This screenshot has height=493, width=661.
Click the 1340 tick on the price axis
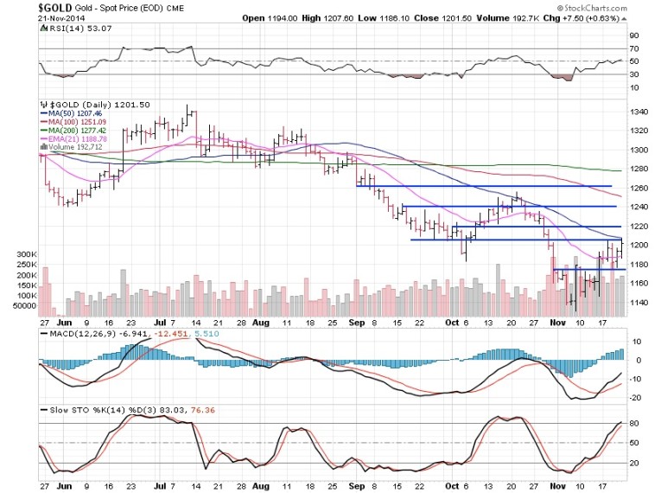click(639, 112)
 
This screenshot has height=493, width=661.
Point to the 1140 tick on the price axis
click(639, 303)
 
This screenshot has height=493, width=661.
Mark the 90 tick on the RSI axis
click(634, 35)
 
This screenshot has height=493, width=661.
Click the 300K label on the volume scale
click(49, 253)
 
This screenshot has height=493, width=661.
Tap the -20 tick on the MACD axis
click(635, 398)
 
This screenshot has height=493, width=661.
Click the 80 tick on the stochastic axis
click(634, 423)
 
